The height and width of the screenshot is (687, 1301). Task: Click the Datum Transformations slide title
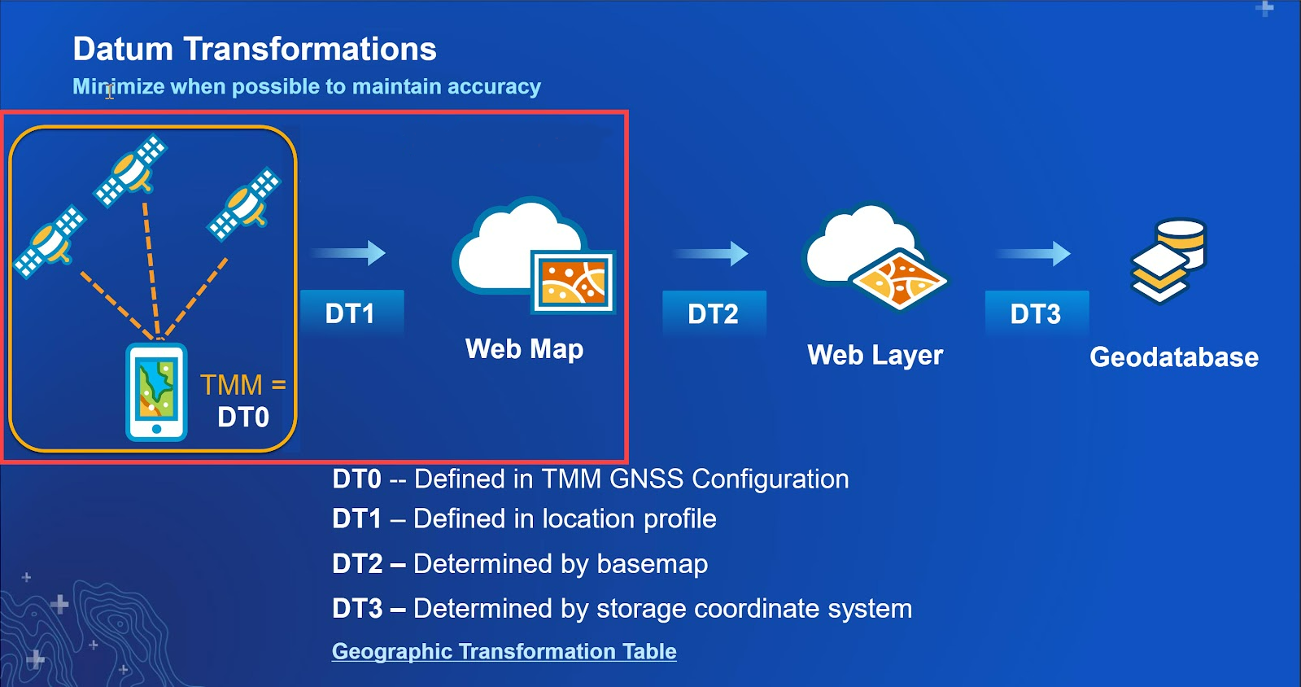[x=255, y=49]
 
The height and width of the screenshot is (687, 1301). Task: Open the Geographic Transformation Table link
[x=504, y=651]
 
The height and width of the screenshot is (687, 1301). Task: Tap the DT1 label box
[x=352, y=313]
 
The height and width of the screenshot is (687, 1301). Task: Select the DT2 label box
[x=714, y=314]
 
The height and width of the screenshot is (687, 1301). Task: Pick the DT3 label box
[x=1037, y=314]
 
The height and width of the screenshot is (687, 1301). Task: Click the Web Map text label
[x=525, y=349]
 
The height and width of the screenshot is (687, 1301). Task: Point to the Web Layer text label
[x=875, y=355]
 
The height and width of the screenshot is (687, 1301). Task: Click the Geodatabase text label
[x=1174, y=357]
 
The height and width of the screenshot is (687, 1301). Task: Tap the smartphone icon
[x=156, y=392]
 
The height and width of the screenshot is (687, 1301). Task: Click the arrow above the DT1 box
[x=348, y=253]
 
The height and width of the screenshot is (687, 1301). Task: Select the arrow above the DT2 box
[x=711, y=253]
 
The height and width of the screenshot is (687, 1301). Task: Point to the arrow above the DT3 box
[x=1034, y=253]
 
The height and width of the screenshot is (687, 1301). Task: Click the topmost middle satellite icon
[x=131, y=170]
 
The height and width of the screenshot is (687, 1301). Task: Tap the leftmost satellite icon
[x=50, y=241]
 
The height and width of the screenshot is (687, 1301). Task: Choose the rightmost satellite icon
[x=245, y=204]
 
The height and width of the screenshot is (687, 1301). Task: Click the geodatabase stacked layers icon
[x=1168, y=261]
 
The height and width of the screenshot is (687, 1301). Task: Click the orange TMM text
[x=231, y=385]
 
